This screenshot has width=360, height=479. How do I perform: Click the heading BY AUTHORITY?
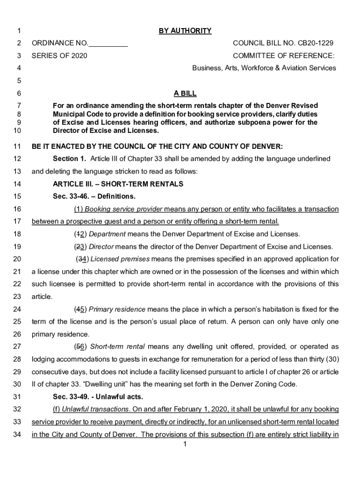tap(185, 31)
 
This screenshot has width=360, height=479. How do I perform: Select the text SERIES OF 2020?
tap(59, 56)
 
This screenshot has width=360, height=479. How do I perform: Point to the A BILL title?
tap(185, 94)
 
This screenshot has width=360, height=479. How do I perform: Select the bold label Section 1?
tap(69, 159)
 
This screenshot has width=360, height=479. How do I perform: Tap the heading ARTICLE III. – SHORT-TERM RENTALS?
tap(118, 184)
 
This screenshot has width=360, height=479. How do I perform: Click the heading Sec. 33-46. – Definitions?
tap(94, 196)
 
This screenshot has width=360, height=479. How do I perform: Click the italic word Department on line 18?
tap(107, 234)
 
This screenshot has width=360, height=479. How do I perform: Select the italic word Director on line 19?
tap(101, 247)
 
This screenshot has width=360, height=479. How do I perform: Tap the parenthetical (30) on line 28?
tap(331, 359)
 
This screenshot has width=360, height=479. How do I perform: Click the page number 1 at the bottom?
tap(185, 444)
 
